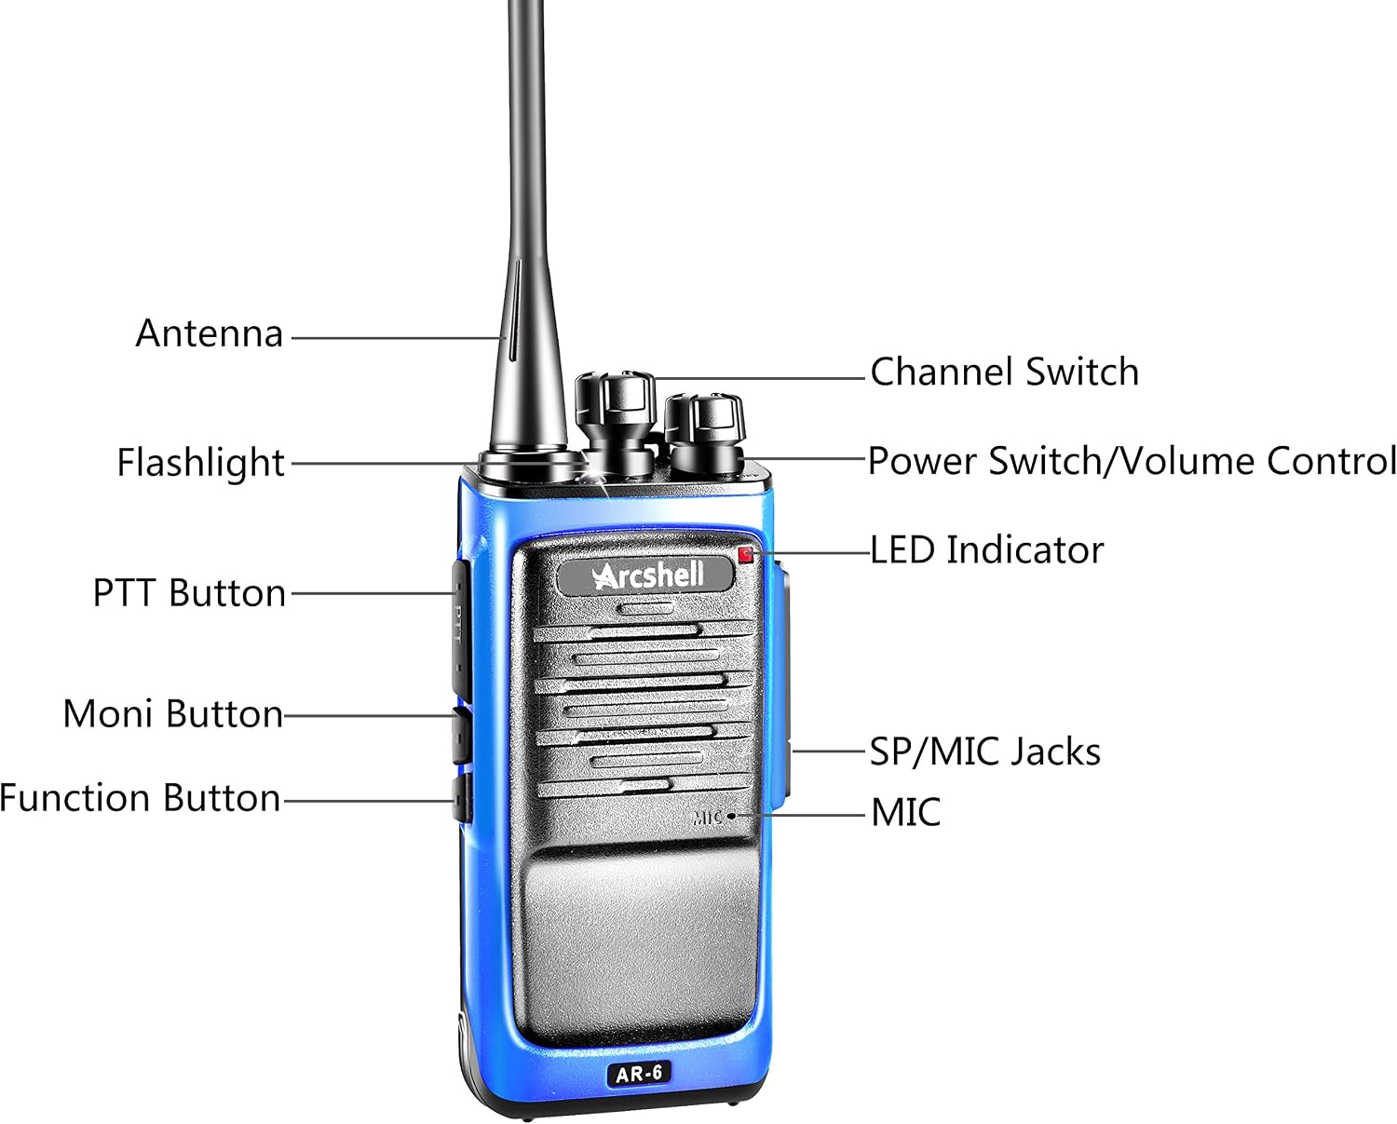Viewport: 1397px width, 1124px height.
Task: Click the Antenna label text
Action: click(x=209, y=333)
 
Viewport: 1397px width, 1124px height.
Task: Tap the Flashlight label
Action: click(x=200, y=462)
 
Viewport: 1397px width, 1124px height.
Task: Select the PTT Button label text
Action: click(x=189, y=592)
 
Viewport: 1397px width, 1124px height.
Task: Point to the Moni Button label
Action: click(x=173, y=713)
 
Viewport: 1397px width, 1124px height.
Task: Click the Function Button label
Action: click(x=141, y=797)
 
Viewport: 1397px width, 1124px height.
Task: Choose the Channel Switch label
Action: click(x=1004, y=372)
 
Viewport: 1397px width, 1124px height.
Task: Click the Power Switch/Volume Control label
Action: click(x=1132, y=461)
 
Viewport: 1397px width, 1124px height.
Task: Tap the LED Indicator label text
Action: click(x=986, y=550)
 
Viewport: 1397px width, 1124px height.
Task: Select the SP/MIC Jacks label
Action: click(x=984, y=752)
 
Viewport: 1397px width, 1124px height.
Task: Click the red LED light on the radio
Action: click(x=745, y=554)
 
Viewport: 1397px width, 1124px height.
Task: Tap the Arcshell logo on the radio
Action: click(x=646, y=576)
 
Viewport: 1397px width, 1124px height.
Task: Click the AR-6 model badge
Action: click(x=640, y=1074)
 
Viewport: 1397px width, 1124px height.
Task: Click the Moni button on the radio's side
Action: click(x=462, y=735)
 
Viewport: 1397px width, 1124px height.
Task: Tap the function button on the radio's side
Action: click(x=462, y=798)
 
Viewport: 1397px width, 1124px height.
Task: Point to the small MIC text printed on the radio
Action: click(x=708, y=817)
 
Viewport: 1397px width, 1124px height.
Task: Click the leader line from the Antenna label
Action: click(x=398, y=338)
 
